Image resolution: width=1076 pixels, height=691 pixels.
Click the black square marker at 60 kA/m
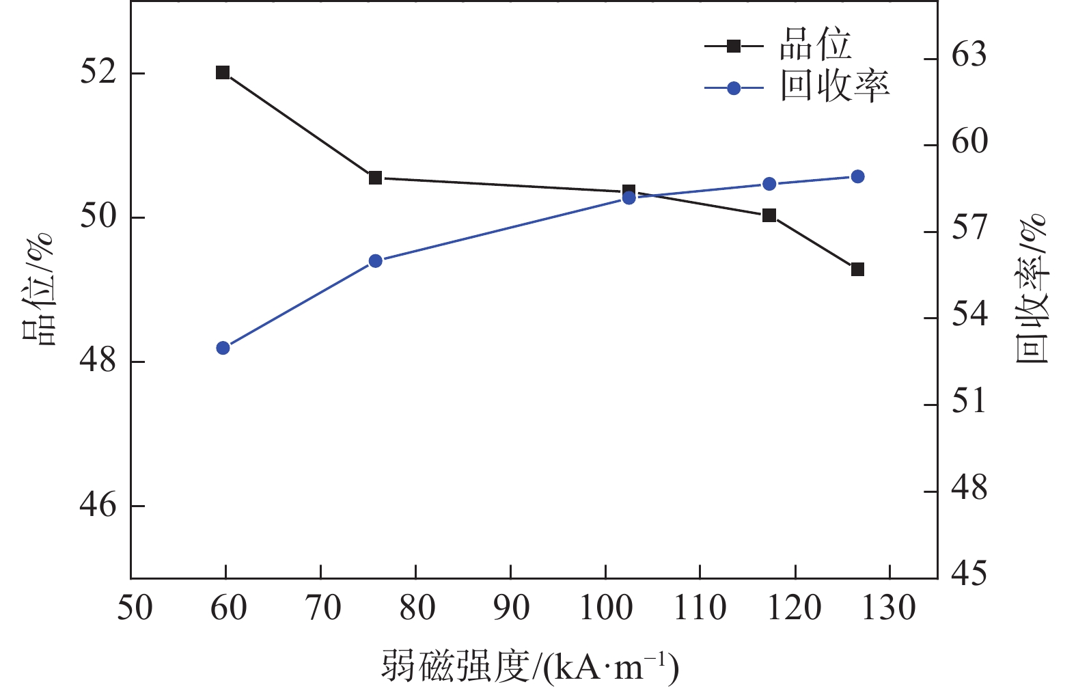[223, 72]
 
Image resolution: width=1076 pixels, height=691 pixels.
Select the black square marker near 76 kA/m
[375, 178]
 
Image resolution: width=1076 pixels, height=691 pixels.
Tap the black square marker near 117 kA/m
[769, 215]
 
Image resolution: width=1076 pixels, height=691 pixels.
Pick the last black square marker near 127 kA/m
[857, 269]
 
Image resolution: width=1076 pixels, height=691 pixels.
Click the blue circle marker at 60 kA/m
[223, 348]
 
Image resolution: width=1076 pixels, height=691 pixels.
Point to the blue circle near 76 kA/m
[375, 261]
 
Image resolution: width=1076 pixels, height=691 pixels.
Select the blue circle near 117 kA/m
[769, 184]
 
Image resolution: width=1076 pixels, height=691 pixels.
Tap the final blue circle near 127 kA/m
[858, 177]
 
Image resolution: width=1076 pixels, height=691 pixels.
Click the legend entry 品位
[815, 46]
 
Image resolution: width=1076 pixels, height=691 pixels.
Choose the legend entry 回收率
[835, 87]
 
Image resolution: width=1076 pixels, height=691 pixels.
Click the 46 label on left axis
[98, 506]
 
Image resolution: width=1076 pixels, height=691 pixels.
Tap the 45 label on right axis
[969, 574]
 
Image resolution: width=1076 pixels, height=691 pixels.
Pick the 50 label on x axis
[134, 608]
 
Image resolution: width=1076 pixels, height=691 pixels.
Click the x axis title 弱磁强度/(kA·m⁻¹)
[530, 666]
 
